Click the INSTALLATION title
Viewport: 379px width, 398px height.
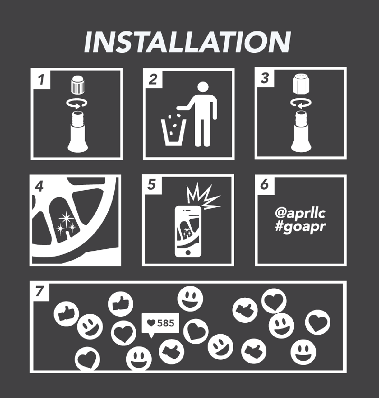click(x=187, y=42)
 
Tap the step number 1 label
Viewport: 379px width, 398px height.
click(x=41, y=80)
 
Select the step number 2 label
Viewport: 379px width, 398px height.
click(x=153, y=80)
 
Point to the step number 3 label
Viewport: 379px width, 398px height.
click(x=265, y=78)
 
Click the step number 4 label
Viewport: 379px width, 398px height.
click(x=39, y=187)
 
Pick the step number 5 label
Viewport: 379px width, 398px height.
click(x=152, y=185)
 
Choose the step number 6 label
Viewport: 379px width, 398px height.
click(x=264, y=185)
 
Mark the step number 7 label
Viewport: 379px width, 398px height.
click(x=39, y=292)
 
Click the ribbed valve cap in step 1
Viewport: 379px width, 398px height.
click(x=77, y=84)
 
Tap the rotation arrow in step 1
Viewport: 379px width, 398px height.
click(x=77, y=104)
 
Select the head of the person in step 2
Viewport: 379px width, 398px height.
click(x=203, y=88)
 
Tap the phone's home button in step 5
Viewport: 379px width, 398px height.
click(x=188, y=252)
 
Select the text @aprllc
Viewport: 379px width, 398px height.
click(x=300, y=214)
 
